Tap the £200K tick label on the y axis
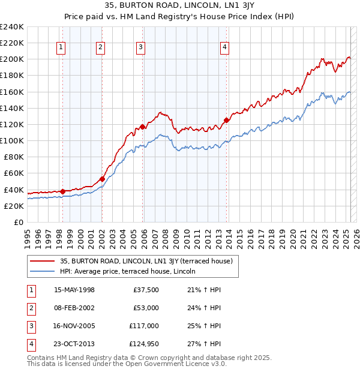click(x=12, y=59)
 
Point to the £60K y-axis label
click(x=14, y=173)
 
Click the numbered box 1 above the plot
click(x=61, y=49)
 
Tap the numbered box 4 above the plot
click(x=224, y=49)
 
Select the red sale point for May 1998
click(x=62, y=191)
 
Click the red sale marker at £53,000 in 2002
click(x=102, y=179)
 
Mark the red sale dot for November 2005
click(x=142, y=127)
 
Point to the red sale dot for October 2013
click(x=226, y=120)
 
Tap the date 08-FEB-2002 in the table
click(x=74, y=308)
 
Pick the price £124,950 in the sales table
click(x=144, y=344)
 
